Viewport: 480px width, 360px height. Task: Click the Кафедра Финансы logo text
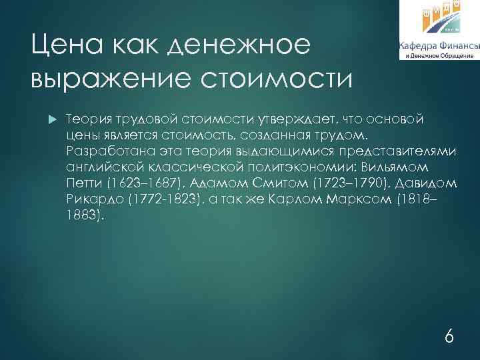[439, 46]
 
